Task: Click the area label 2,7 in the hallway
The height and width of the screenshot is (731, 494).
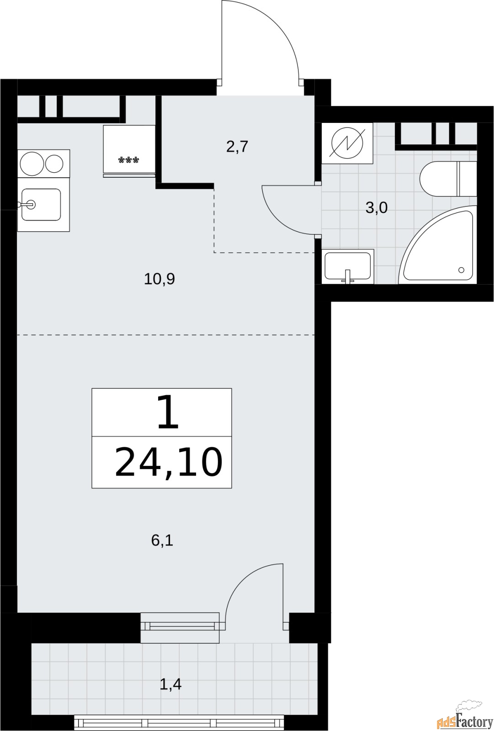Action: click(237, 147)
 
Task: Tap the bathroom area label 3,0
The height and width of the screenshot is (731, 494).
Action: click(376, 208)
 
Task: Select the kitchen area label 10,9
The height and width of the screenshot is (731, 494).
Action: click(159, 279)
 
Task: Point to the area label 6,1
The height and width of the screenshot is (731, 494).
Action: click(162, 540)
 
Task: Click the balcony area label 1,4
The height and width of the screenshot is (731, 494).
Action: click(170, 684)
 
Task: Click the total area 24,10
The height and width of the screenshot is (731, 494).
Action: click(168, 462)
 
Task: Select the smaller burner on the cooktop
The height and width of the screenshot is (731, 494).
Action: click(54, 163)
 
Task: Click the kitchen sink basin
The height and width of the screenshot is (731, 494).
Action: click(42, 204)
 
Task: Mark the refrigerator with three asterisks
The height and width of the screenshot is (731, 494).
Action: click(129, 151)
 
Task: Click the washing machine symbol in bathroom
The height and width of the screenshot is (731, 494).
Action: click(347, 143)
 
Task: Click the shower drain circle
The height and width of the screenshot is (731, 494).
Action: click(461, 270)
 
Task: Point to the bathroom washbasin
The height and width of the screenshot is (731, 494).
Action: click(347, 265)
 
